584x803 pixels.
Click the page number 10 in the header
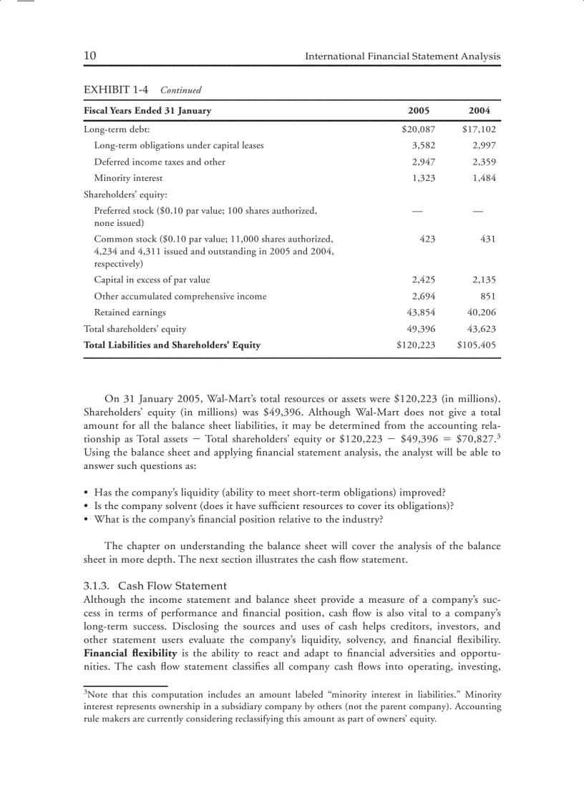90,56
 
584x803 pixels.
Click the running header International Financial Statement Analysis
402,56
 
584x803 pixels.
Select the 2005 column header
418,111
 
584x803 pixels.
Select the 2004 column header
479,111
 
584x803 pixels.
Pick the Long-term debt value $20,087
418,129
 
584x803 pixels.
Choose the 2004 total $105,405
476,345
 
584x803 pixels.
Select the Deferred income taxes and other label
160,162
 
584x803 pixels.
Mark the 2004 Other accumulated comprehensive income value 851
488,296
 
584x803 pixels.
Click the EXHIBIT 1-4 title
116,90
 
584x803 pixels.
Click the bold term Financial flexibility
130,654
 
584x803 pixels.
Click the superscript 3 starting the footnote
85,692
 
